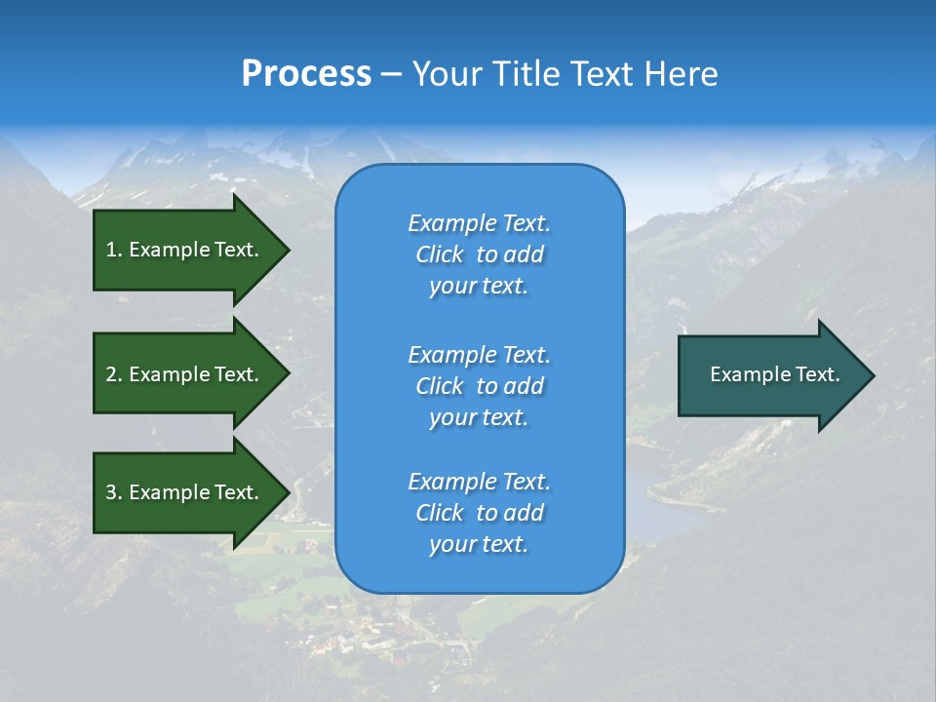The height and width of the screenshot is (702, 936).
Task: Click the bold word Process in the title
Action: pyautogui.click(x=306, y=74)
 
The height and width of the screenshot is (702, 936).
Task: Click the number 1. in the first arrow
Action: pyautogui.click(x=114, y=250)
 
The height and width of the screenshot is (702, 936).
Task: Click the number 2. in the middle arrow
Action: pyautogui.click(x=114, y=374)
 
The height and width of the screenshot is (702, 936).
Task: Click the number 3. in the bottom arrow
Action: pyautogui.click(x=114, y=492)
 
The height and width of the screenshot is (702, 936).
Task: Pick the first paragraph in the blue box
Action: pyautogui.click(x=479, y=254)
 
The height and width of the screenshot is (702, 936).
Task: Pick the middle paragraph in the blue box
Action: pyautogui.click(x=479, y=386)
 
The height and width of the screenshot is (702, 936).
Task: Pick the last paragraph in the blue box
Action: pyautogui.click(x=479, y=513)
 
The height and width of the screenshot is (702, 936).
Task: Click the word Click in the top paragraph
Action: pyautogui.click(x=440, y=254)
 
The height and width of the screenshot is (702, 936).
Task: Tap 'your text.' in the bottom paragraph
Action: pyautogui.click(x=479, y=544)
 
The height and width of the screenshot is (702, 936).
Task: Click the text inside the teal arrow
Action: pyautogui.click(x=774, y=374)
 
